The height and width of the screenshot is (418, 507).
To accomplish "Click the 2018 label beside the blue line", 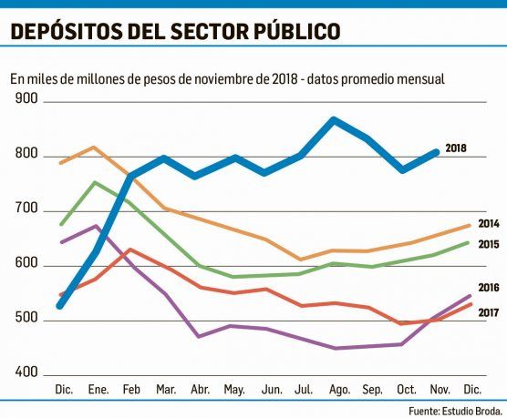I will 456,148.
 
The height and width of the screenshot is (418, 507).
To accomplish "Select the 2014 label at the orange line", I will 489,224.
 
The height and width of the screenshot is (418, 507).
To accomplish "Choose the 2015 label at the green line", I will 489,244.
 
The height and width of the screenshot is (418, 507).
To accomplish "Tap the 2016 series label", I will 489,287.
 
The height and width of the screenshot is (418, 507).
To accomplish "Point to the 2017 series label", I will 489,313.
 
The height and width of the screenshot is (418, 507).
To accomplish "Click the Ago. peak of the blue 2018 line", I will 334,119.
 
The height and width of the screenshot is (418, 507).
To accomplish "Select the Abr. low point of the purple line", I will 200,336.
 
